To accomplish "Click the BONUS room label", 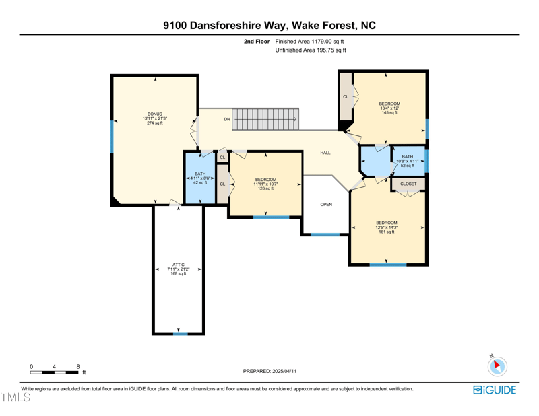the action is pos(155,114).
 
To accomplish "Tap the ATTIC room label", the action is pos(179,265).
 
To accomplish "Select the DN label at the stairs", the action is pos(227,120).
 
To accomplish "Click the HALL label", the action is pos(325,153).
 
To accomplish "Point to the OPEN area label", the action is pos(326,205).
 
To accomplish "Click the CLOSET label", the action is pos(408,184).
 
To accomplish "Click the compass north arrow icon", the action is pos(497,366).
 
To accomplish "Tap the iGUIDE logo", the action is pos(495,390).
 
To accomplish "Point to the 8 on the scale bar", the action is pos(78,367).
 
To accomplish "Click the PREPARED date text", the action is pos(269,371).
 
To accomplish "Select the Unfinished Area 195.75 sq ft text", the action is pos(311,50).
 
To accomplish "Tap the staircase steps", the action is pos(265,120).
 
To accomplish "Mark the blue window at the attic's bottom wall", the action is pos(181,334).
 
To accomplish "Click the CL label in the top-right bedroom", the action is pos(346,97).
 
